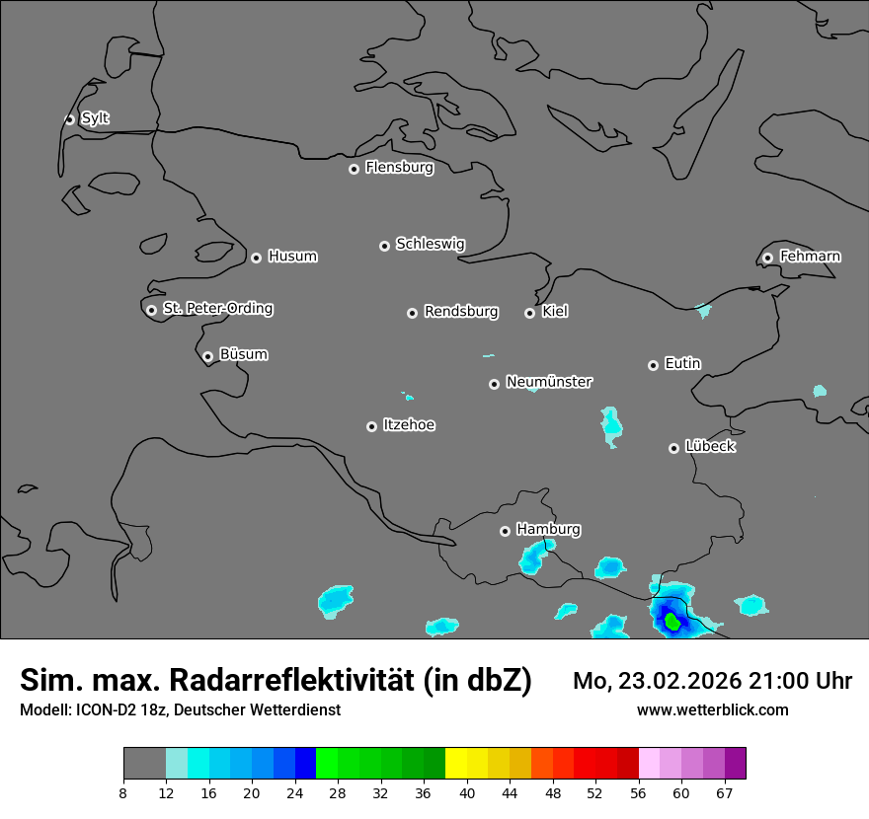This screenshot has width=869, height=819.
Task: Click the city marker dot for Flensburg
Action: tap(354, 169)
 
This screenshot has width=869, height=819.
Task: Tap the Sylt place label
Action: tap(95, 118)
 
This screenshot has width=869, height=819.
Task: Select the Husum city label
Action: tap(292, 257)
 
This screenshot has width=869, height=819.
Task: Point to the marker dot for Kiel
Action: tap(529, 313)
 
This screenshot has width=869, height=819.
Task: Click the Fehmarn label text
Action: tap(810, 257)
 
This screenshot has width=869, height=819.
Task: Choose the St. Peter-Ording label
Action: tap(217, 309)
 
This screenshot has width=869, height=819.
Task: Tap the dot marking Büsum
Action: tap(207, 356)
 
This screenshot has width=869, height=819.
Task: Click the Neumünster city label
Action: tap(549, 382)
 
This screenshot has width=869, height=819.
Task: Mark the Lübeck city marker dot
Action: tap(673, 448)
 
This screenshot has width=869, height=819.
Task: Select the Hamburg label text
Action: tap(548, 530)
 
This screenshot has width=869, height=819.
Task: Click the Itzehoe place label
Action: tap(409, 425)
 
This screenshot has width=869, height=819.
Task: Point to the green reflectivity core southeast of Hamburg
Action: tap(672, 621)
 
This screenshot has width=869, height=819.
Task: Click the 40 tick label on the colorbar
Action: tap(467, 792)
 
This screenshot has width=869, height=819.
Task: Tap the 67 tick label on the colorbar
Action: tap(725, 792)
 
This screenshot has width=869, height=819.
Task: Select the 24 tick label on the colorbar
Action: tap(294, 792)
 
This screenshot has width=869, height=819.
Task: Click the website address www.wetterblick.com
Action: tap(712, 710)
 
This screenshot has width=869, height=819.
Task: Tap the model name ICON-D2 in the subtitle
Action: tap(110, 710)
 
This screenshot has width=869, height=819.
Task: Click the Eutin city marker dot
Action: tap(653, 365)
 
